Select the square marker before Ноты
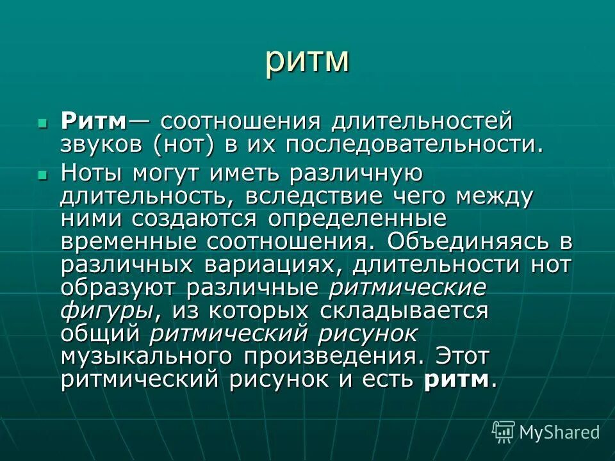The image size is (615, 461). point(43,174)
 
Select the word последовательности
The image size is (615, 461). point(410,145)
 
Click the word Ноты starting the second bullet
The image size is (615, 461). point(93,173)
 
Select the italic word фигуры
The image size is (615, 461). point(106,311)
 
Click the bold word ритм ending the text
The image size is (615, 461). point(455,380)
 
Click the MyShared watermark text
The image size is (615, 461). point(559,432)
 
